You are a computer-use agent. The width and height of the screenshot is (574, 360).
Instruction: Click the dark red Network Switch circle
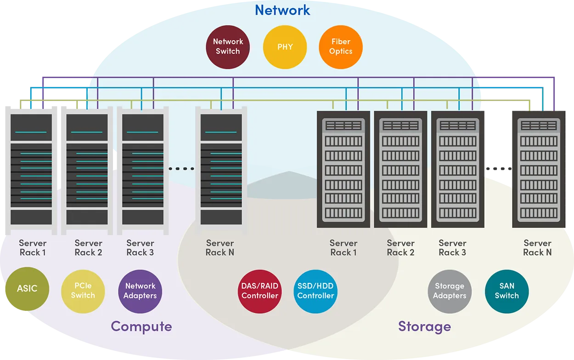pos(228,47)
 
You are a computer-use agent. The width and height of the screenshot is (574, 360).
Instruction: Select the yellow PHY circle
pos(285,47)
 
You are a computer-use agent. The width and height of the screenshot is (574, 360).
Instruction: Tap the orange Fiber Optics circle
pos(341,47)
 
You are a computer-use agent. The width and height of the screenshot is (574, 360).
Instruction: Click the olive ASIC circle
pos(27,289)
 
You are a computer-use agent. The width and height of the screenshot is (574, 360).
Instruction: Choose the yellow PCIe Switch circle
pos(83,291)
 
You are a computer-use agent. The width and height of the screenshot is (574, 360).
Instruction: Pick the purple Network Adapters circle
pos(140,291)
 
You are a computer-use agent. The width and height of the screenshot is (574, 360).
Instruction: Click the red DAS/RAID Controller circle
pos(260,291)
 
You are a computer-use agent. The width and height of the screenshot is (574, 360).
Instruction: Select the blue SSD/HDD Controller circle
pos(315,291)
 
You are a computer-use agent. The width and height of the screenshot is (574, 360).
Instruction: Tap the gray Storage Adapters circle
pos(450,291)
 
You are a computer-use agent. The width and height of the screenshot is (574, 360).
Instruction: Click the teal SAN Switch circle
pos(506,291)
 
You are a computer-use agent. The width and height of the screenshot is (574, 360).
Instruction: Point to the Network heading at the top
pos(282,10)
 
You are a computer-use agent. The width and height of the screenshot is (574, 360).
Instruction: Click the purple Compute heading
pos(141,326)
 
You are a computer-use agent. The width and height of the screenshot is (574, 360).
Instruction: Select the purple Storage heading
pos(424,326)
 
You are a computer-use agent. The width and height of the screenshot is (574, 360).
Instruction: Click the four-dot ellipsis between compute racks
pos(181,169)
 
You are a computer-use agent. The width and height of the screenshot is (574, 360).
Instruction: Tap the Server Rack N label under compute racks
pos(220,247)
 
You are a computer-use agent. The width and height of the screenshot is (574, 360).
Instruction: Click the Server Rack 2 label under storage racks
pos(400,247)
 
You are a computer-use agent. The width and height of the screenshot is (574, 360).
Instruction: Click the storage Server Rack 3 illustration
pos(457,169)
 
